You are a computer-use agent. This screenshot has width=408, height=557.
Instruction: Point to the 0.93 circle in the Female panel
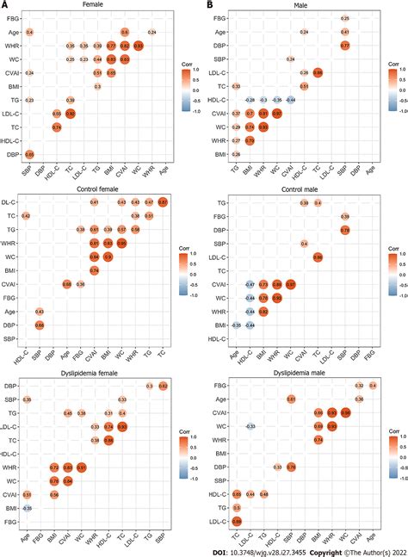138,45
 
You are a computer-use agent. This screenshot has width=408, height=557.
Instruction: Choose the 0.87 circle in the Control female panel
163,201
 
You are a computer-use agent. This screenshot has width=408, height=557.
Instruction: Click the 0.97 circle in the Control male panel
291,283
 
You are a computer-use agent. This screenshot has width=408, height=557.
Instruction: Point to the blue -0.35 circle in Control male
236,325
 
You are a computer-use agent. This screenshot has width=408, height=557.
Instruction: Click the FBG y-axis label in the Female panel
15,17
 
